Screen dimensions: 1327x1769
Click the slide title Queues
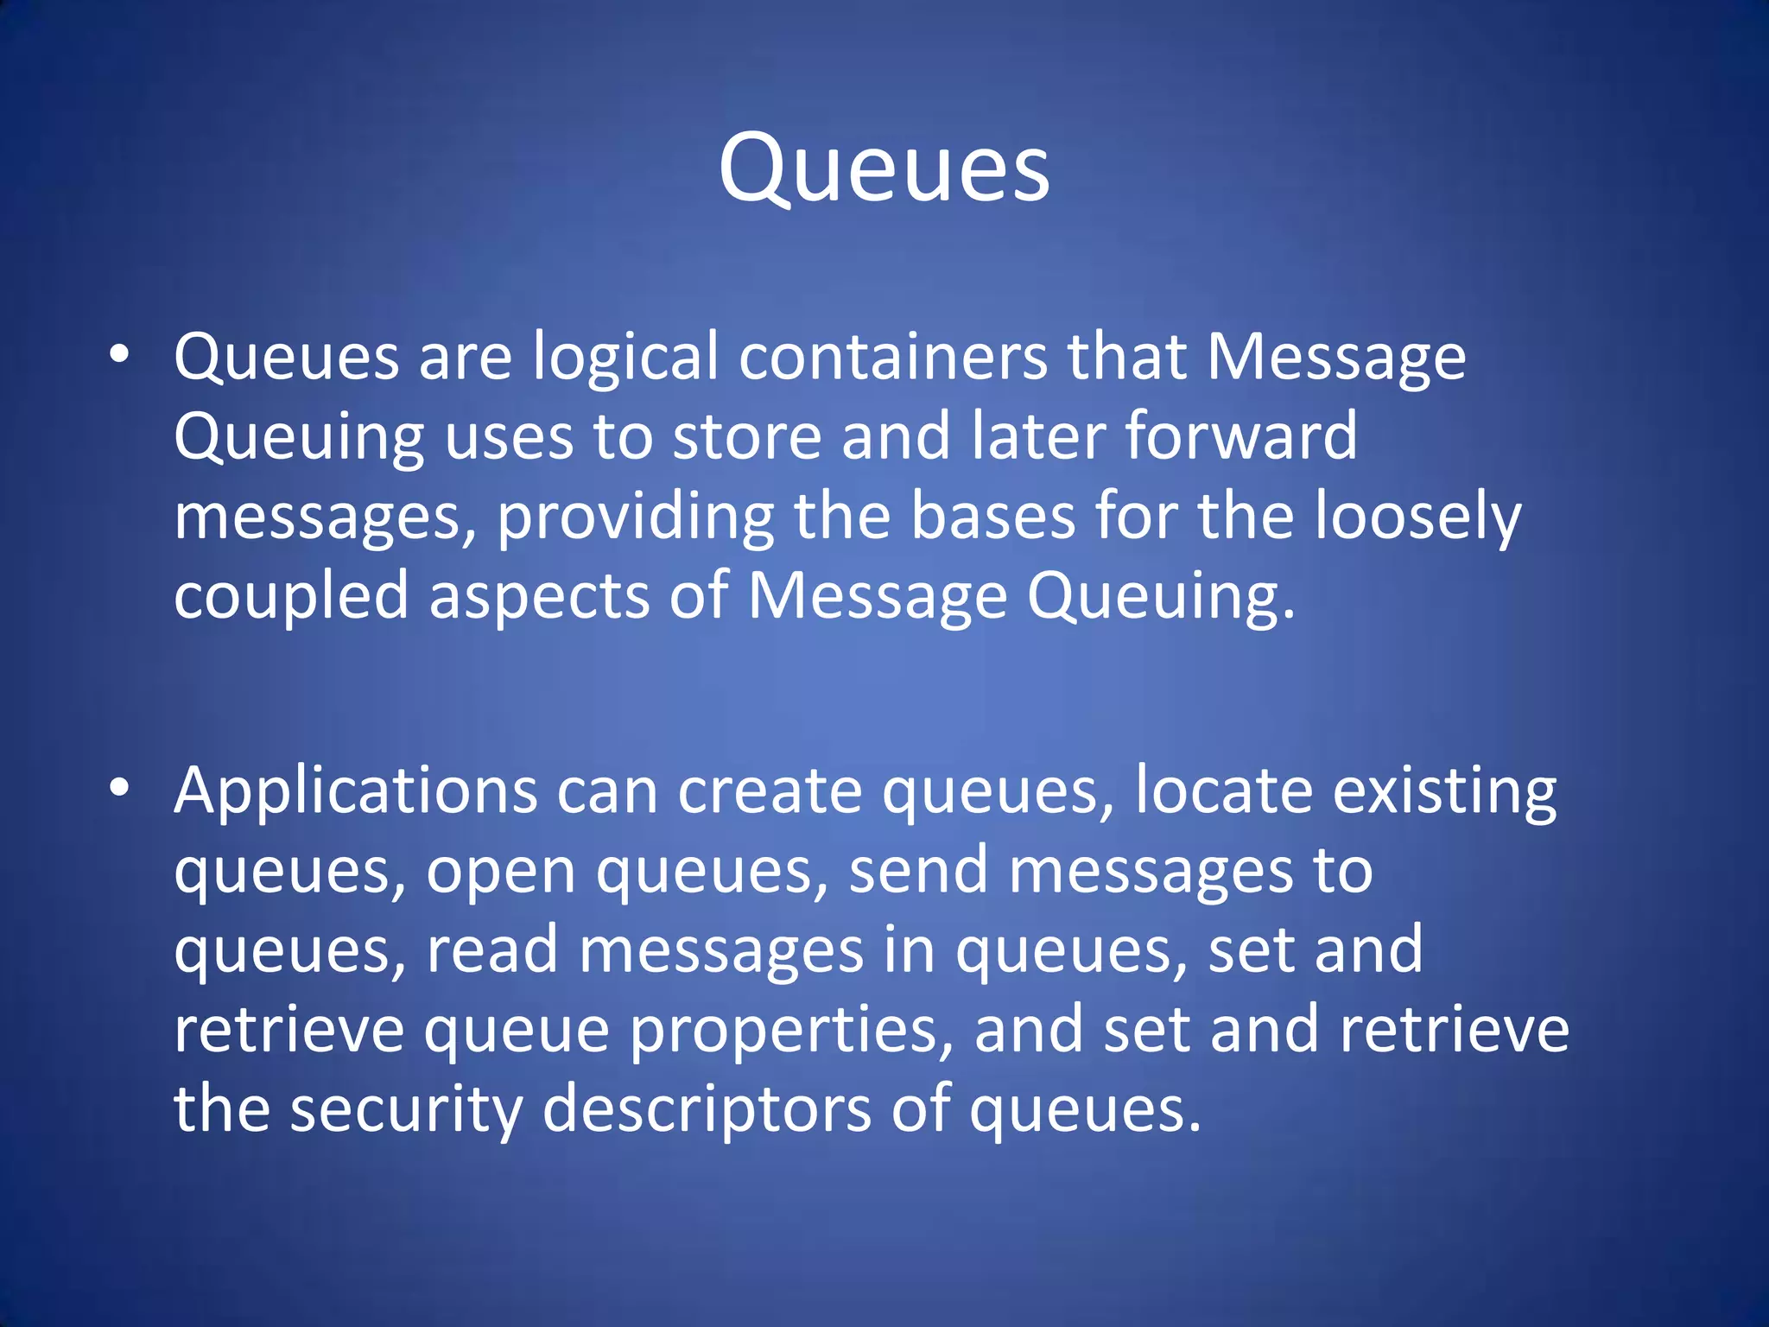click(884, 168)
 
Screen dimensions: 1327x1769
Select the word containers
click(892, 357)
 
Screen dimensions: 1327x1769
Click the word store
click(746, 436)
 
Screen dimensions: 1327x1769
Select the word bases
click(993, 516)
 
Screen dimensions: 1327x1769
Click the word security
click(406, 1110)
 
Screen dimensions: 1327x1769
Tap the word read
click(492, 949)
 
